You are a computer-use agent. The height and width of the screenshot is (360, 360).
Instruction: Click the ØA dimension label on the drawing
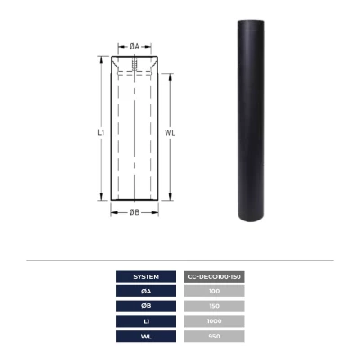(x=133, y=45)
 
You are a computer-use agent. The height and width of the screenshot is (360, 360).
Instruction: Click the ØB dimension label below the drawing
(x=133, y=212)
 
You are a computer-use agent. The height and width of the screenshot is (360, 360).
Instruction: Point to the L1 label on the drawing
(x=101, y=131)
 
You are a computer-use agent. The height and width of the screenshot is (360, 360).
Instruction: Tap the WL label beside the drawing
(x=171, y=131)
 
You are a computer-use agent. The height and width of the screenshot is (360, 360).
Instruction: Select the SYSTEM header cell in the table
(x=146, y=276)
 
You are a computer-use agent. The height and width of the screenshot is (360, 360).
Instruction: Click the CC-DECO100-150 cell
(x=213, y=276)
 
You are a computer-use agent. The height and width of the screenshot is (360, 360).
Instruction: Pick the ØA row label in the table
(x=146, y=292)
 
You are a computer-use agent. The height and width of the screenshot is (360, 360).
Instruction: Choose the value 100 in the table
(x=213, y=292)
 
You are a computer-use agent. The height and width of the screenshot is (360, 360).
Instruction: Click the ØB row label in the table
(x=146, y=307)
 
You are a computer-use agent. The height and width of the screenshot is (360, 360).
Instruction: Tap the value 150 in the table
(x=213, y=307)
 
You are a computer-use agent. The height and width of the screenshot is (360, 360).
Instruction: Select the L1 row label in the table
(x=146, y=322)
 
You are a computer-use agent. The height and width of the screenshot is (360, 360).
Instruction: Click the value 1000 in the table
(x=213, y=322)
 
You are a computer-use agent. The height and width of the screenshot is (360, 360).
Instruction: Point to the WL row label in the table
(x=146, y=337)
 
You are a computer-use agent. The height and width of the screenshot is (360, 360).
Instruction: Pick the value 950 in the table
(x=213, y=337)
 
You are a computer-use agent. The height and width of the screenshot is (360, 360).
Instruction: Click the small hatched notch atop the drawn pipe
(x=132, y=66)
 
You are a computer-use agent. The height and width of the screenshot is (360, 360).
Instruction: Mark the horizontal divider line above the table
(x=180, y=261)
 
